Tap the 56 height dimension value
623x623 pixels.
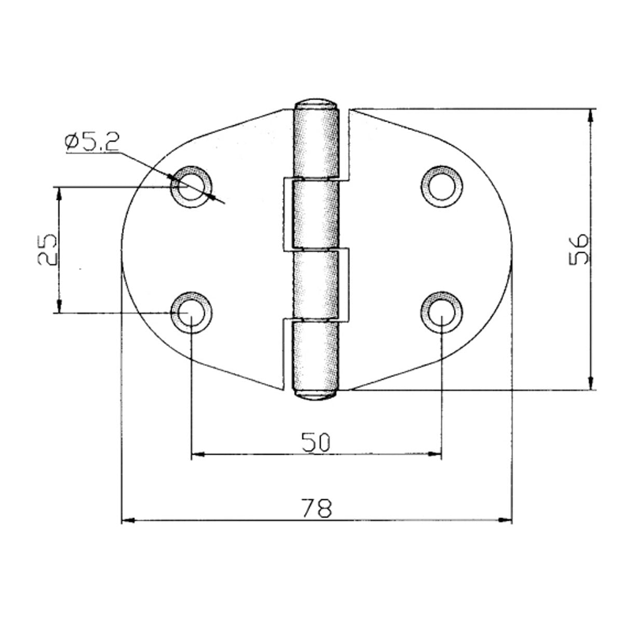click(578, 249)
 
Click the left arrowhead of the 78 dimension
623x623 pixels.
click(128, 519)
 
